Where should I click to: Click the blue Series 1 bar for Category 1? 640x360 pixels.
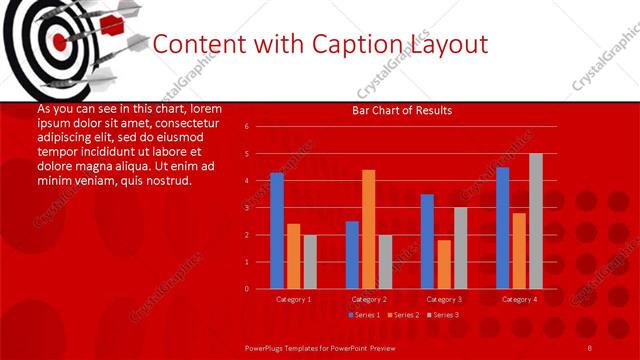pyautogui.click(x=277, y=231)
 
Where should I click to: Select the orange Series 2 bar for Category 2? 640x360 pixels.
pyautogui.click(x=368, y=229)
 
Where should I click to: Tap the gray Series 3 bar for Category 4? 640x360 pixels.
pyautogui.click(x=535, y=221)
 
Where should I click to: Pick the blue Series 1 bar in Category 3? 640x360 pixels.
pyautogui.click(x=427, y=241)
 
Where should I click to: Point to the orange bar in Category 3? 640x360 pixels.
pyautogui.click(x=443, y=264)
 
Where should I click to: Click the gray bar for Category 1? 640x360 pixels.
pyautogui.click(x=310, y=262)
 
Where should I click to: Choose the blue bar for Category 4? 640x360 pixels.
pyautogui.click(x=502, y=228)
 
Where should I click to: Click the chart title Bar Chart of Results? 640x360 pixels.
pyautogui.click(x=401, y=110)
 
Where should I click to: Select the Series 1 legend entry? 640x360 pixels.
pyautogui.click(x=363, y=315)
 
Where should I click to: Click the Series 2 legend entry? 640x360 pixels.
pyautogui.click(x=402, y=315)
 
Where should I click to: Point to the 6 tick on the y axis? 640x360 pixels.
pyautogui.click(x=246, y=127)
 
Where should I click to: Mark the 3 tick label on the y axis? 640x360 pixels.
pyautogui.click(x=246, y=208)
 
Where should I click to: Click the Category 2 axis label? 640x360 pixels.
pyautogui.click(x=368, y=299)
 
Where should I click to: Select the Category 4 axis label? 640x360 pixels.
pyautogui.click(x=518, y=299)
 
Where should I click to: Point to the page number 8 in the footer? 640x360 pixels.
pyautogui.click(x=590, y=347)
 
